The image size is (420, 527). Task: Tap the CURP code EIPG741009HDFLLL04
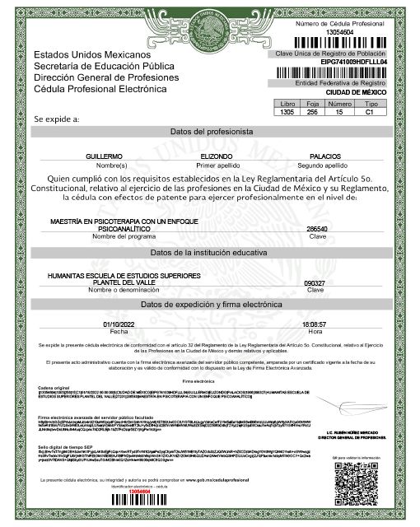pyautogui.click(x=340, y=61)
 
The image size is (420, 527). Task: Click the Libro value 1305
pyautogui.click(x=287, y=111)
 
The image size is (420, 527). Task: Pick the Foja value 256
pyautogui.click(x=312, y=111)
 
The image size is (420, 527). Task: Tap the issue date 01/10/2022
pyautogui.click(x=118, y=324)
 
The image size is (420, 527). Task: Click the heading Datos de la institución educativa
pyautogui.click(x=210, y=251)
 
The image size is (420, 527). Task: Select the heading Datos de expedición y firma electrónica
pyautogui.click(x=210, y=305)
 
